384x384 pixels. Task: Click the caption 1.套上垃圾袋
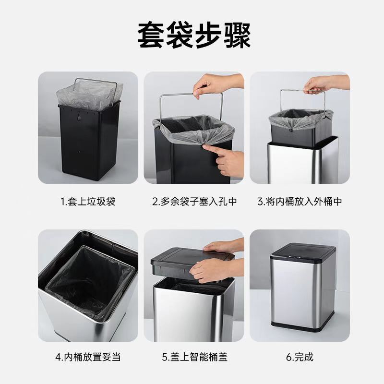tap(88, 202)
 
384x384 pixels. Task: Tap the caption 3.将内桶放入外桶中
tap(300, 202)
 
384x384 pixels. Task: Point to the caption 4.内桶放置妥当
tap(88, 357)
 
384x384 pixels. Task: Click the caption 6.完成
tap(300, 357)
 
